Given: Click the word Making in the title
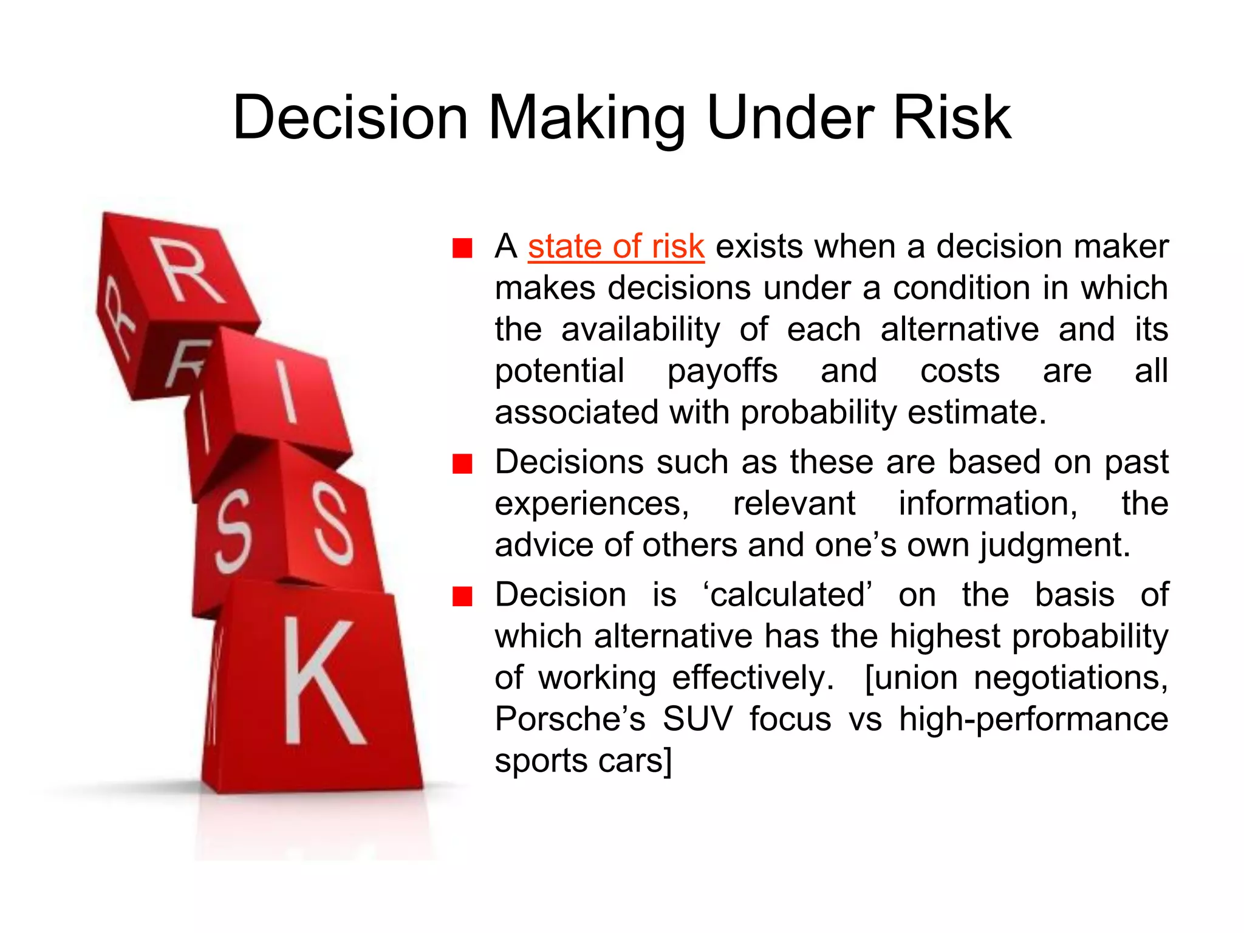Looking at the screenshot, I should point(587,119).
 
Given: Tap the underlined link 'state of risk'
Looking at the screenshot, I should point(616,247).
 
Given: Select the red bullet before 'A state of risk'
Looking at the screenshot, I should point(462,248).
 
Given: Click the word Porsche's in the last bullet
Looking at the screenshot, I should point(570,719).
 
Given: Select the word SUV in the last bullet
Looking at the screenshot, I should point(697,719).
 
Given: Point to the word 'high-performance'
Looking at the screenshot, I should point(1033,719).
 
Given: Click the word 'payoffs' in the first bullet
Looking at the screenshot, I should point(722,371).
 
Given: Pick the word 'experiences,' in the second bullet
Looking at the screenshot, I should point(592,504).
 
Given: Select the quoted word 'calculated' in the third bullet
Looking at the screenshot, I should point(787,595).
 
